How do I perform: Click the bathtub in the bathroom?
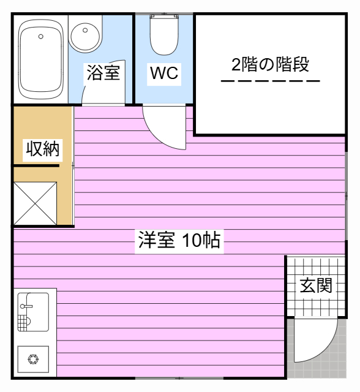pos(41,59)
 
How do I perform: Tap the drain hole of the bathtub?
pos(41,37)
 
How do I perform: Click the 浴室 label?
pos(103,73)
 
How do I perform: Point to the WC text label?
pos(164,73)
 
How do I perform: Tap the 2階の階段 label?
pos(271,64)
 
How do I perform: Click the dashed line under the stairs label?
pos(271,81)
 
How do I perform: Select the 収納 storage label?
pos(43,148)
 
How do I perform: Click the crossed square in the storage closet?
pos(35,203)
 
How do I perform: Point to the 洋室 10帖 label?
pos(179,240)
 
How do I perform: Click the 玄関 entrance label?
pos(316,285)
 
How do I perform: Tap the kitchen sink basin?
pos(33,312)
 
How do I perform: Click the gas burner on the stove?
pos(33,360)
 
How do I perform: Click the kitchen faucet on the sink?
pos(26,306)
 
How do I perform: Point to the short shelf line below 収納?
pos(36,166)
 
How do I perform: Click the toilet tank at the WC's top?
pos(164,17)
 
